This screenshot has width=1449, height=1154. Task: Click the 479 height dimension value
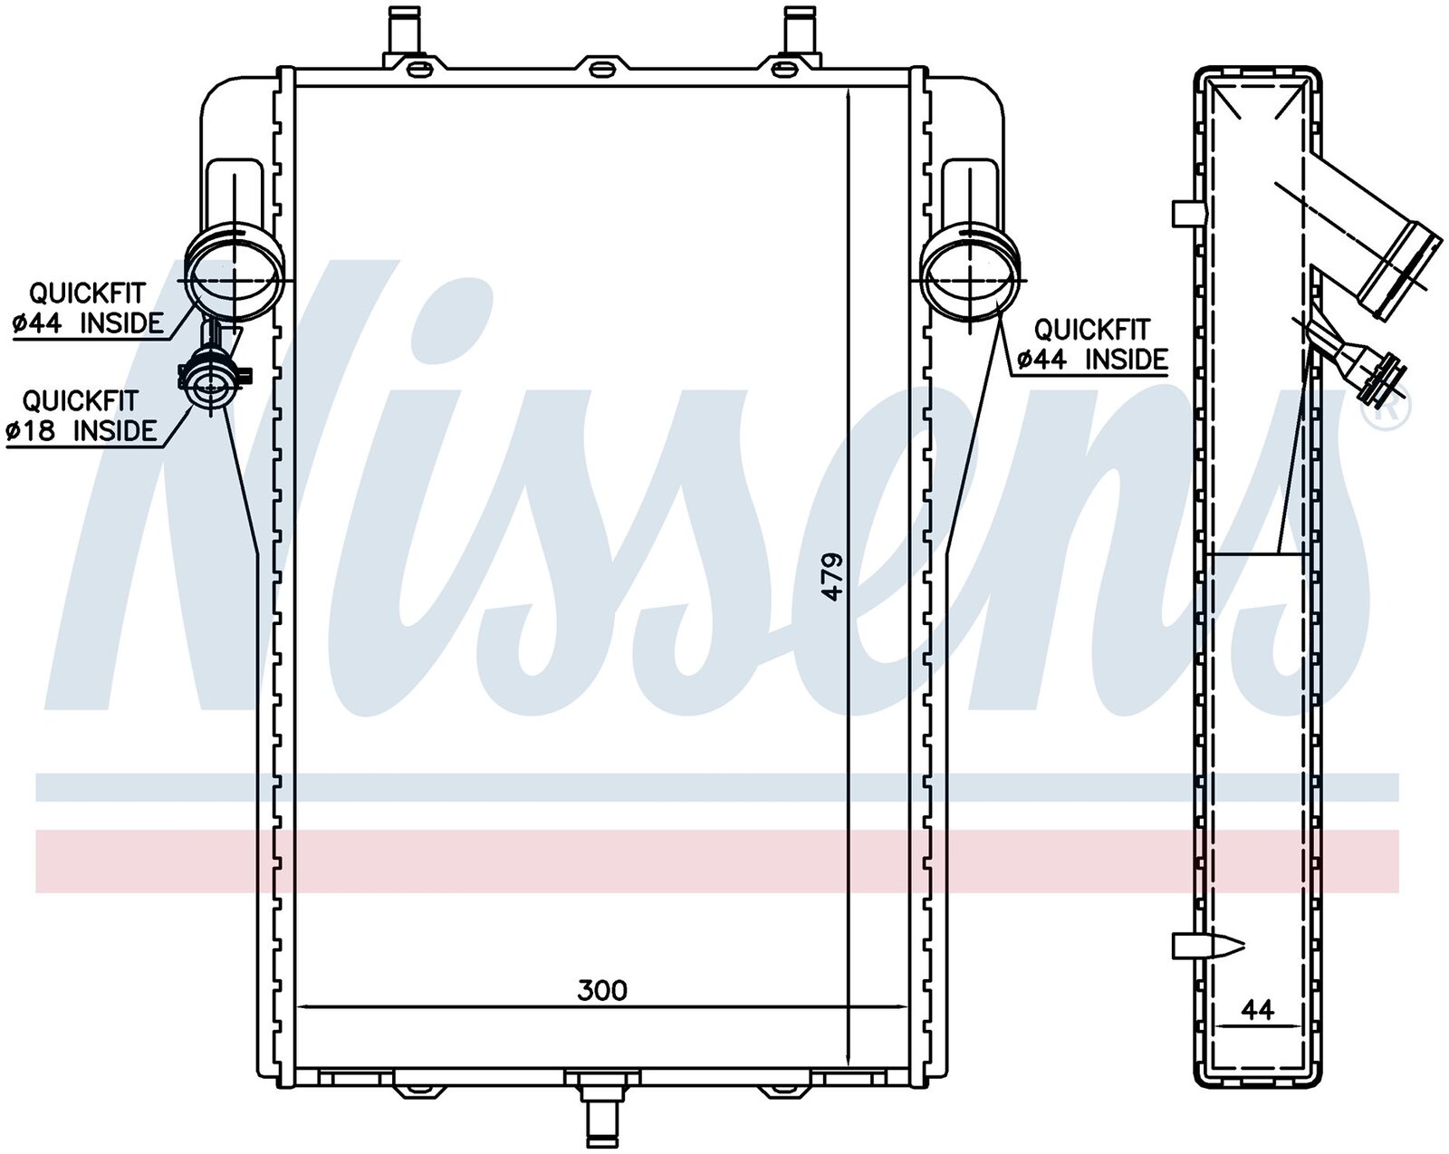[x=833, y=577]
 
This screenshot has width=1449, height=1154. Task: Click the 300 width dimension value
[x=602, y=990]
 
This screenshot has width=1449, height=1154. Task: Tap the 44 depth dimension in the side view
[x=1257, y=1010]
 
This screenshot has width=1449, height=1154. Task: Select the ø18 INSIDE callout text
[x=82, y=429]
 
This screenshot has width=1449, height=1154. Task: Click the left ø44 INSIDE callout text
[x=88, y=323]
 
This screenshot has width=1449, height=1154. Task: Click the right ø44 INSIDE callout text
[x=1092, y=359]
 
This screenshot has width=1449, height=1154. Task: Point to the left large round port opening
[x=233, y=279]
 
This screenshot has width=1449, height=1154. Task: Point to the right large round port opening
[x=970, y=279]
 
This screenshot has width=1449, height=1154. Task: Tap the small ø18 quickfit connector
[x=211, y=384]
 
